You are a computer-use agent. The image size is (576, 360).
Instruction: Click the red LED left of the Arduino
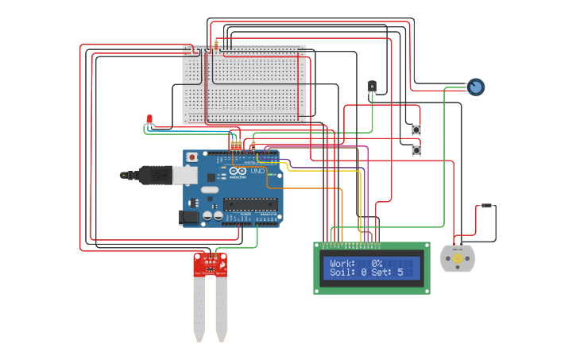point(149,119)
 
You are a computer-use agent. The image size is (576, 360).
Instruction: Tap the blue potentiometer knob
point(475,87)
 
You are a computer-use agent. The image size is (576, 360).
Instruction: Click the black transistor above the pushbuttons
point(371,86)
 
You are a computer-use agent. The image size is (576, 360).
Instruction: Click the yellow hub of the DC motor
point(457,258)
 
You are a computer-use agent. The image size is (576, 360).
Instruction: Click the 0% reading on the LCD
point(377,263)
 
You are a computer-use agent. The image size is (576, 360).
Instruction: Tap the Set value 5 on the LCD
point(400,273)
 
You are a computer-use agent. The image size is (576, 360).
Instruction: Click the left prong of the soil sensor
point(199,310)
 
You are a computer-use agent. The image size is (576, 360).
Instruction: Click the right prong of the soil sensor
point(221,310)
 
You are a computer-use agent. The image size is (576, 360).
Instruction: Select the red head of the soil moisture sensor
point(210,265)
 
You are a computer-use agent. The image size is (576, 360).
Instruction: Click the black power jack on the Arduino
point(190,215)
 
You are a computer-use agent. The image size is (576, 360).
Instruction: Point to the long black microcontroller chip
point(249,203)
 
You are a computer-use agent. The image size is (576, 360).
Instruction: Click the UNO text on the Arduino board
point(257,171)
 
